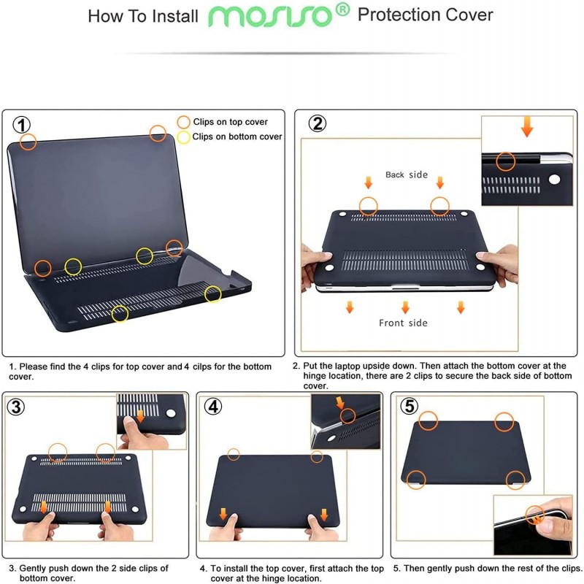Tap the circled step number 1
click(22, 125)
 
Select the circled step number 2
click(318, 123)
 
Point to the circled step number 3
click(16, 407)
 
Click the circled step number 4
click(213, 407)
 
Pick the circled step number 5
click(409, 406)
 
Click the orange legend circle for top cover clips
click(183, 122)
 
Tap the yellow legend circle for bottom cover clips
click(183, 137)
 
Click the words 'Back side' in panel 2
click(407, 174)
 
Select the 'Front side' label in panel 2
click(403, 323)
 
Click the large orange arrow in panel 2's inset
click(527, 126)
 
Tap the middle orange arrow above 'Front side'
click(405, 307)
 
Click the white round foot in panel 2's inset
click(554, 180)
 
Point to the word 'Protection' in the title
click(399, 15)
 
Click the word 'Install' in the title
click(175, 17)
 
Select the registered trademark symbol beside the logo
click(342, 9)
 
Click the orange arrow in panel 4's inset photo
click(340, 403)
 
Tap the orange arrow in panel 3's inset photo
click(141, 416)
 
